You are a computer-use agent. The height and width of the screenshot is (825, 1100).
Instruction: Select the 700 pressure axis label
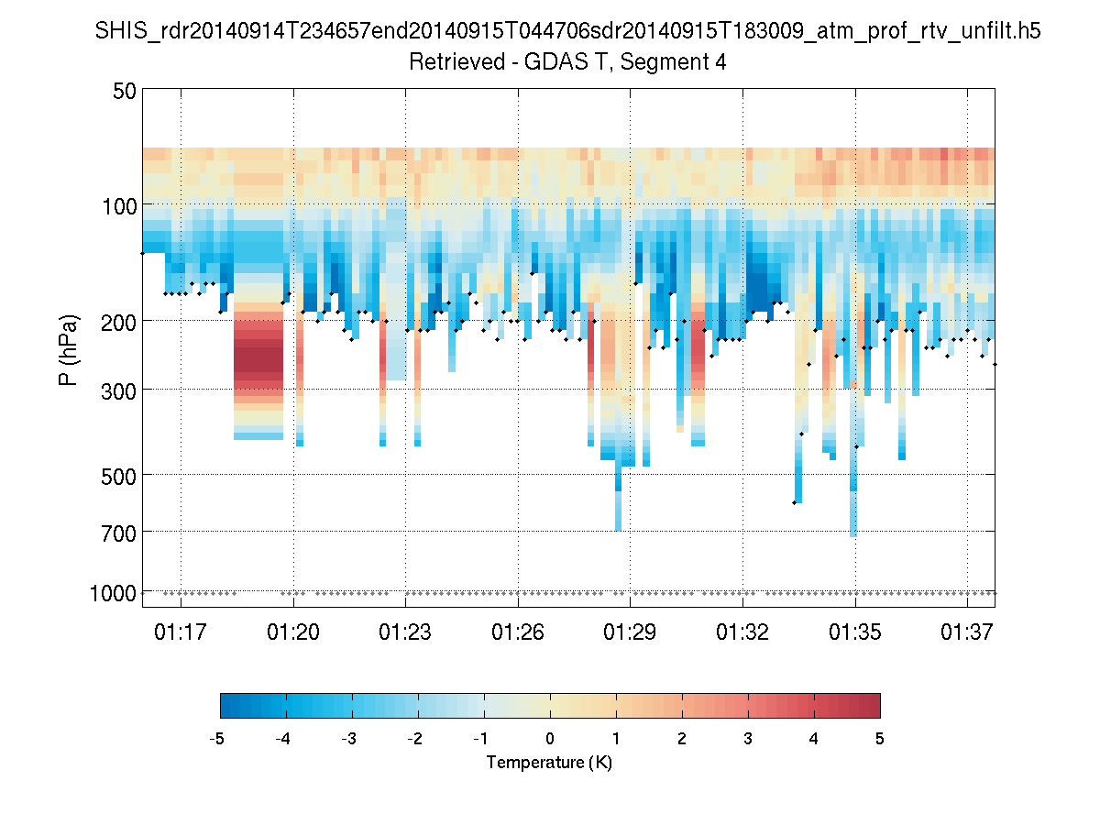(119, 532)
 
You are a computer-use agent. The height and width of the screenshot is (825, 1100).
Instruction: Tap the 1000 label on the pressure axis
(113, 593)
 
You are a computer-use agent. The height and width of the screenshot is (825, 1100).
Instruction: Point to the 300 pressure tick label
(119, 390)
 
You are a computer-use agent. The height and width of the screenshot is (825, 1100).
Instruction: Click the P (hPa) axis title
(69, 349)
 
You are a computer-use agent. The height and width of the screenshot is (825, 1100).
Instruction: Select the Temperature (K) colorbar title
(549, 763)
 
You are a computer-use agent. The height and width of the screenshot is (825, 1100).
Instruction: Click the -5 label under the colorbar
(217, 739)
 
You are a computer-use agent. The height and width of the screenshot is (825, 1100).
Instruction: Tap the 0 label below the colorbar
(550, 739)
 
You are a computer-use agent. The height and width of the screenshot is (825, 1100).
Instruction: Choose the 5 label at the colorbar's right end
(880, 739)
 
